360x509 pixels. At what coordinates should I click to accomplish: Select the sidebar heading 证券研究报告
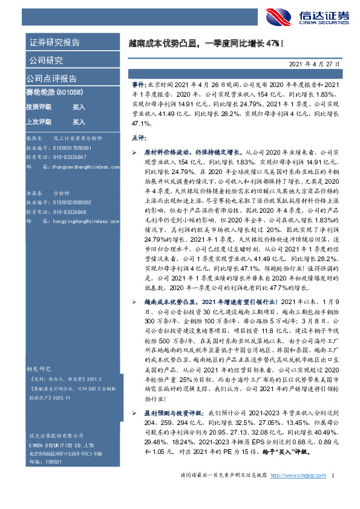pyautogui.click(x=54, y=42)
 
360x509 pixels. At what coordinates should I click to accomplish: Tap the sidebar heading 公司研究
pyautogui.click(x=45, y=60)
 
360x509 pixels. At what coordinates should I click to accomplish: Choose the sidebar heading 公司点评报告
pyautogui.click(x=51, y=78)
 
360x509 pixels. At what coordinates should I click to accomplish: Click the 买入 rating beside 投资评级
pyautogui.click(x=79, y=106)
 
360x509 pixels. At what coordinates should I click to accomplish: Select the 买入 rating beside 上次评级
pyautogui.click(x=79, y=122)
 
